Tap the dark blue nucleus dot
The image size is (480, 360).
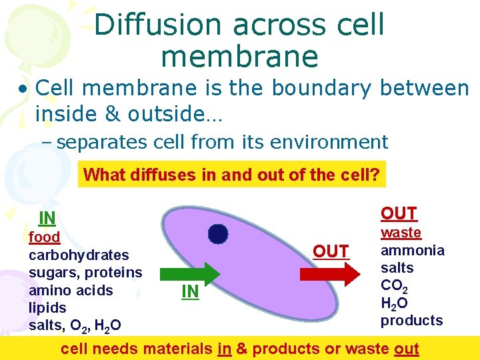[x=217, y=234]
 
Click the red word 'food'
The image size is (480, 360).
[x=45, y=237]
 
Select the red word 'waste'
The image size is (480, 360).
[x=401, y=233]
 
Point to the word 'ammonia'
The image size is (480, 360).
[x=412, y=251]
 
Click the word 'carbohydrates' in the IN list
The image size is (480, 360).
[x=79, y=255]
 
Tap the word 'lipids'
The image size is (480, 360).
[x=48, y=308]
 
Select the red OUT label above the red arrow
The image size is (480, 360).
[x=331, y=251]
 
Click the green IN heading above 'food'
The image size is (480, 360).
[x=47, y=218]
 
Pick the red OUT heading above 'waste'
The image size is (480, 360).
[x=399, y=213]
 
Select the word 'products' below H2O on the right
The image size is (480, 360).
[x=411, y=321]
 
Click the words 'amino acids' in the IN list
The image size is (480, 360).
[x=71, y=291]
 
